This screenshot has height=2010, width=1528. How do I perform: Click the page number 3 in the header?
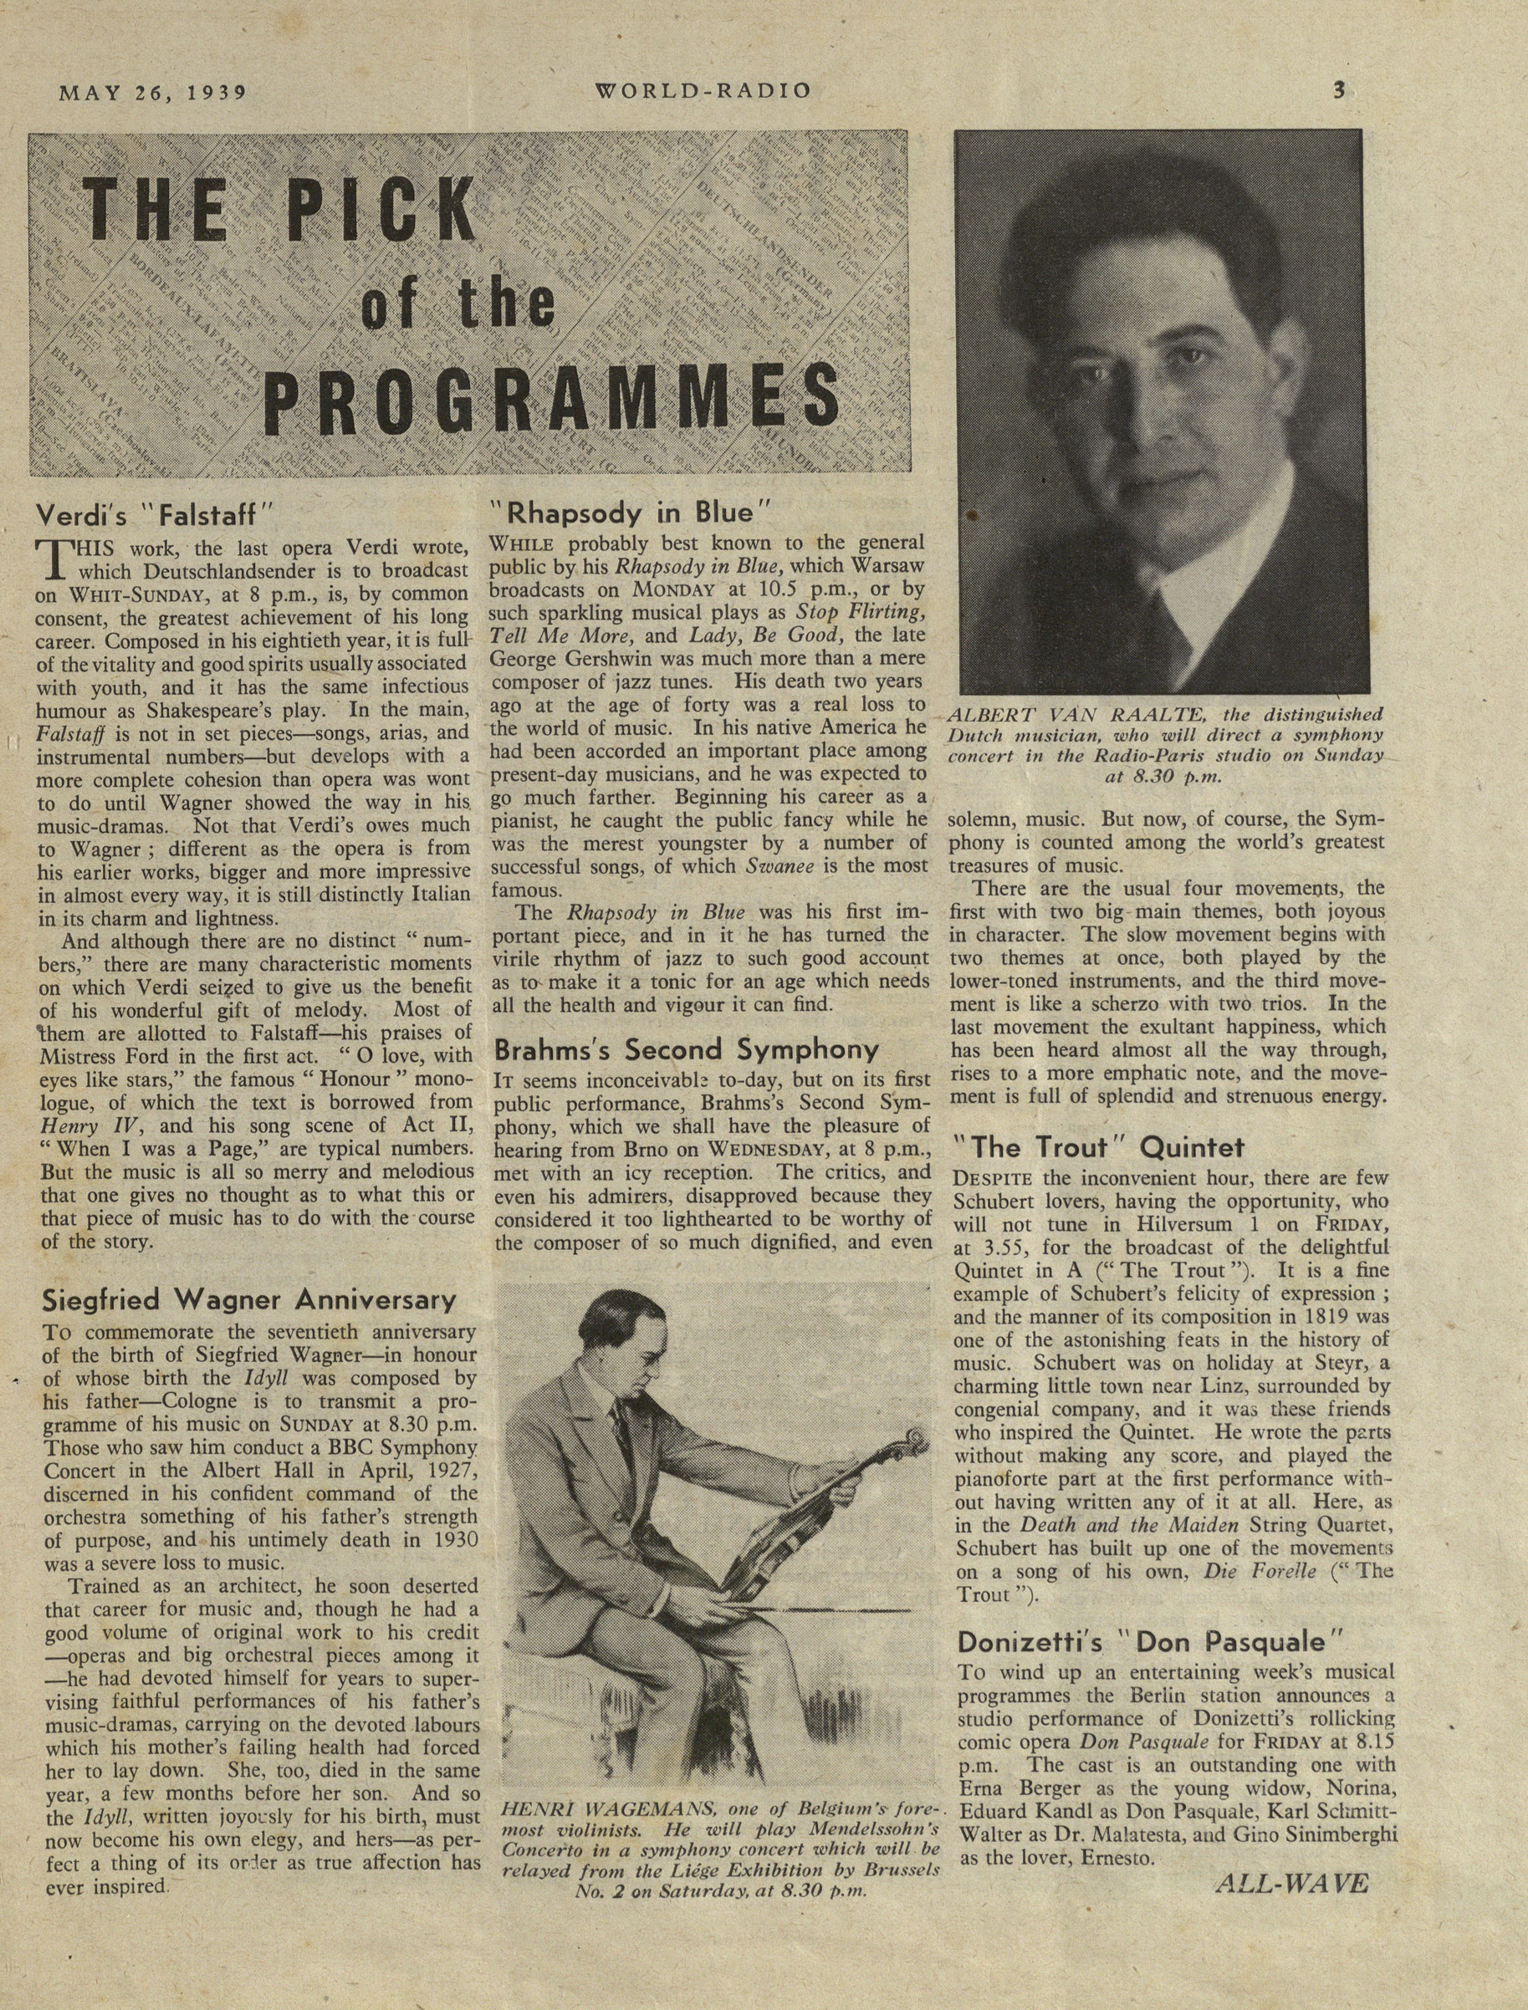pos(1339,90)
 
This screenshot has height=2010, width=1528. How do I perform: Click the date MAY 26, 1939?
pos(153,92)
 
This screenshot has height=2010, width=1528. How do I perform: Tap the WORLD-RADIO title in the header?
pos(703,91)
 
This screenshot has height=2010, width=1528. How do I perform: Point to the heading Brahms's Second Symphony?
pos(687,1050)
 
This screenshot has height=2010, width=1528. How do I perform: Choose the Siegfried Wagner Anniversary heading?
pos(249,1300)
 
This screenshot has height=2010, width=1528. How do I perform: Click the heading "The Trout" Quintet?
pos(1099,1147)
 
